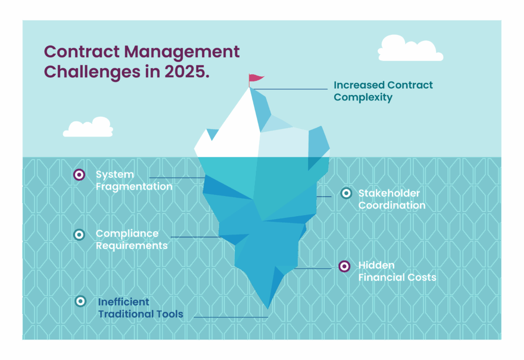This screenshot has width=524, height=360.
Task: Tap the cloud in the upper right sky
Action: tap(410, 49)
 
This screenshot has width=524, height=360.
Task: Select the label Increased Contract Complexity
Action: tap(383, 91)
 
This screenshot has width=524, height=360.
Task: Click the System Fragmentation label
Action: tap(134, 180)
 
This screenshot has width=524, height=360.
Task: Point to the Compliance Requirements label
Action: tap(132, 239)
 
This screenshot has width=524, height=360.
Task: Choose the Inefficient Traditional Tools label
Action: tap(140, 308)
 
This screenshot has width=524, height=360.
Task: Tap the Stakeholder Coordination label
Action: tap(391, 199)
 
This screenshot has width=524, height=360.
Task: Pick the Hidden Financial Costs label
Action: tap(397, 271)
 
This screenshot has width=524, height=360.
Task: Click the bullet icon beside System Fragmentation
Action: tap(79, 174)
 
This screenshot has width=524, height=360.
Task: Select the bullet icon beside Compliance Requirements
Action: tap(79, 235)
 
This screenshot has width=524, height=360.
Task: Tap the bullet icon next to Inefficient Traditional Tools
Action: tap(80, 301)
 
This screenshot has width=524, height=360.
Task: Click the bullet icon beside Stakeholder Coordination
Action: tap(346, 193)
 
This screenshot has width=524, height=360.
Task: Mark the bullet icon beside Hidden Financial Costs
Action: tap(344, 266)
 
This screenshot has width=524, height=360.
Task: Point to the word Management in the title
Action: tap(182, 53)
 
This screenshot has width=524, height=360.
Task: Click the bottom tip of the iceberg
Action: tap(268, 308)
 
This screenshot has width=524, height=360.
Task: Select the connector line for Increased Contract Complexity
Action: tap(289, 89)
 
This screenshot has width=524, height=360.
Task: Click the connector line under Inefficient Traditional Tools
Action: tap(231, 317)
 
